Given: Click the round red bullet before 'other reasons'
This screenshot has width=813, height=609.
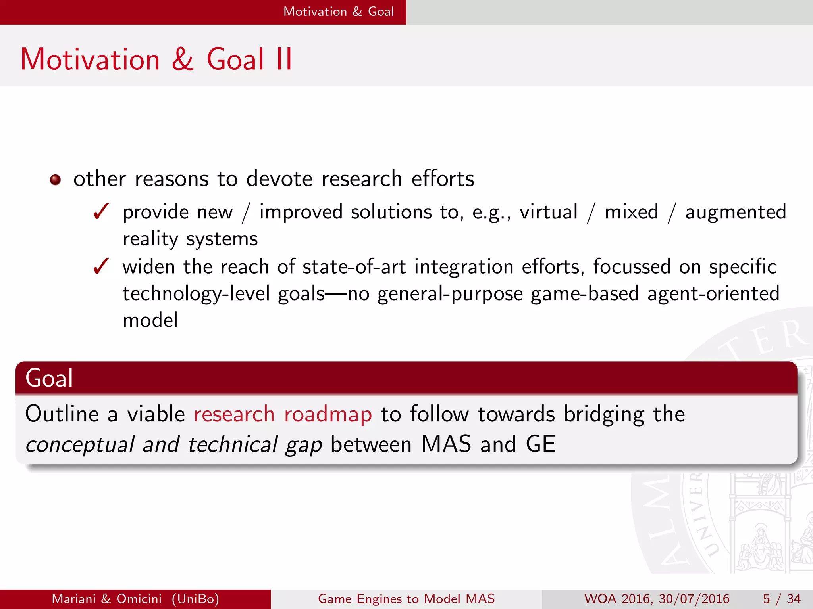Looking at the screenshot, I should (x=55, y=180).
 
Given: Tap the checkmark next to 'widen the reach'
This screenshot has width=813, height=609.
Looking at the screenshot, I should (x=101, y=266).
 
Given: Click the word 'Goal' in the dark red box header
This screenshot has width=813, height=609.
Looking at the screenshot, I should (x=49, y=378).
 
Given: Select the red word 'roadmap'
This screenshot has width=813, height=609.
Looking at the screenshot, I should (x=328, y=415).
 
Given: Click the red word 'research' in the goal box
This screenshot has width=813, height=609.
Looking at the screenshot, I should (x=234, y=414).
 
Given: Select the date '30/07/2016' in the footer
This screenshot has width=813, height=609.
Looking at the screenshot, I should (x=694, y=599).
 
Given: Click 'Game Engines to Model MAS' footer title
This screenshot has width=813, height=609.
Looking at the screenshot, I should (x=406, y=599).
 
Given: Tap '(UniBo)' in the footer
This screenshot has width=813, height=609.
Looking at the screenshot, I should (x=195, y=599).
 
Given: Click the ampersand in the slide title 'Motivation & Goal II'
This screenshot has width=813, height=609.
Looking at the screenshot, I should (x=183, y=59).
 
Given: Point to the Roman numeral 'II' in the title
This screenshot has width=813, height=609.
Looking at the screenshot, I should (x=284, y=59).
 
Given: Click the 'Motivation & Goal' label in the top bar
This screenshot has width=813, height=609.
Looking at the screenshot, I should (x=339, y=11).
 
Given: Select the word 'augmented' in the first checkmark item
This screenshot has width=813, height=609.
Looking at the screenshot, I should (x=736, y=212).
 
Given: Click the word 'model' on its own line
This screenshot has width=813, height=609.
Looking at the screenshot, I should (x=150, y=320).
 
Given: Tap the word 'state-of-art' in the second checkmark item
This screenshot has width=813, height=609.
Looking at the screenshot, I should (x=354, y=266).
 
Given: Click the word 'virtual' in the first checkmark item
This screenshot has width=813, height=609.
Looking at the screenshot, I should (x=549, y=212).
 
